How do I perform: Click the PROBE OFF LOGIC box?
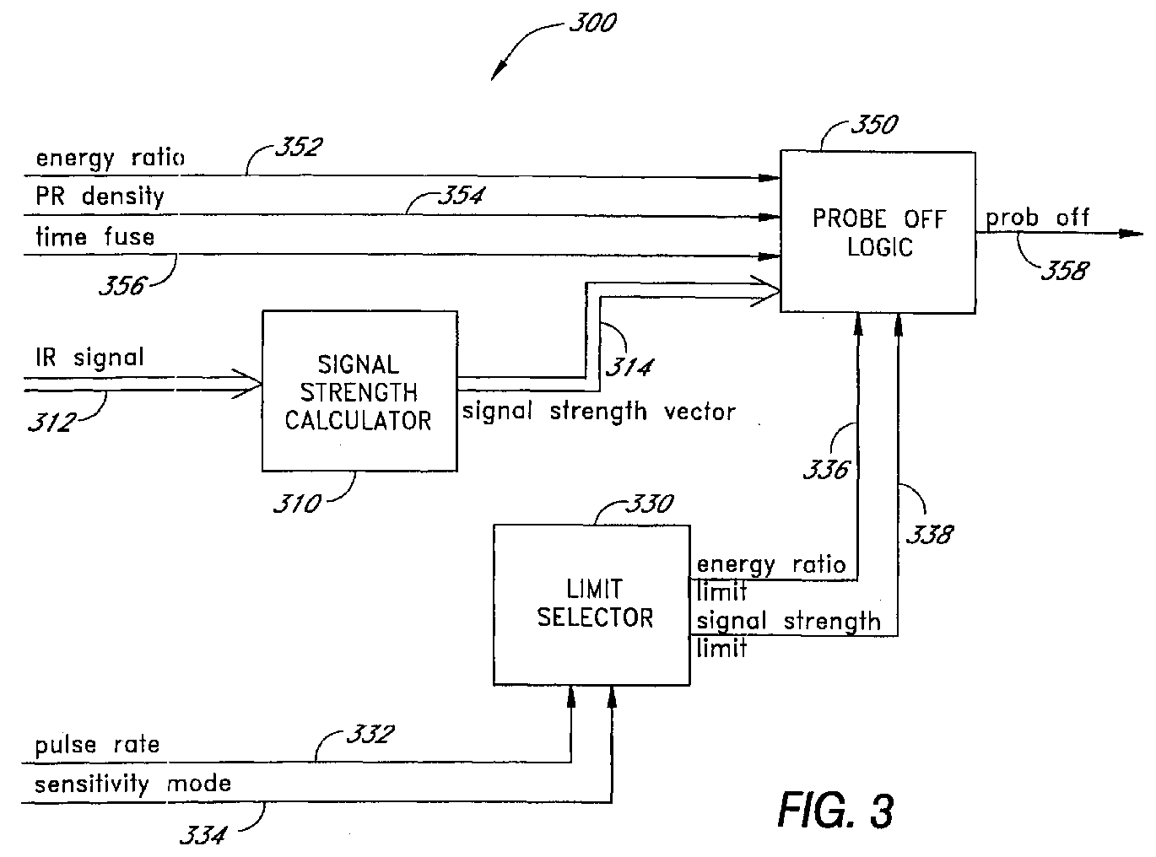(x=878, y=232)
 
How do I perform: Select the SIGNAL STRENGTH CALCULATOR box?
(x=359, y=391)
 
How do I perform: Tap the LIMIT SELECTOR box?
(x=592, y=605)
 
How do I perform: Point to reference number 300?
(x=592, y=23)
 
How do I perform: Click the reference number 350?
(x=874, y=125)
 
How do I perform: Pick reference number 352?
(x=299, y=147)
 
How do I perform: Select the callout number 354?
(x=462, y=196)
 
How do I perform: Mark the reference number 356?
(x=122, y=285)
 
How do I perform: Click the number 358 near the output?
(x=1065, y=271)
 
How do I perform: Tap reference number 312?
(x=52, y=422)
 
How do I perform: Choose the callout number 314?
(x=629, y=367)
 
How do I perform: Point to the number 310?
(x=297, y=504)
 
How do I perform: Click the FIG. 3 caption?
(x=835, y=810)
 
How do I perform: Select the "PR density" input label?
(x=100, y=197)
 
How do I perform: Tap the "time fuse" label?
(x=95, y=236)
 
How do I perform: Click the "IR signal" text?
(x=89, y=358)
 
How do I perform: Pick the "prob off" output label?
(x=1037, y=218)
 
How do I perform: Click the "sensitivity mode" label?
(x=133, y=784)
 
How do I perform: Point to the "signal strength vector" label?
(x=599, y=412)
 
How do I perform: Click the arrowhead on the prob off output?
(x=1131, y=234)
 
